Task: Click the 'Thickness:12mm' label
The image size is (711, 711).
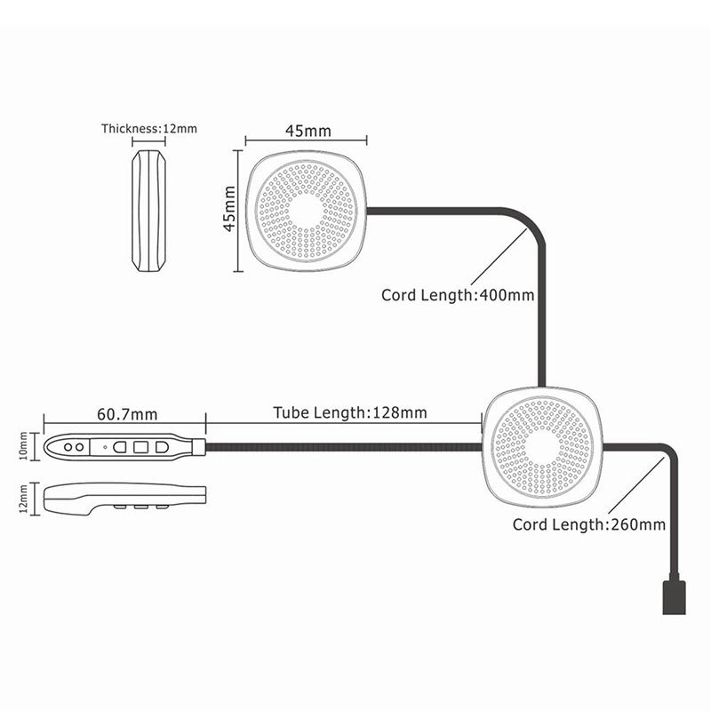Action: tap(149, 129)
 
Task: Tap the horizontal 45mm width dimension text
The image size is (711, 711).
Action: tap(308, 131)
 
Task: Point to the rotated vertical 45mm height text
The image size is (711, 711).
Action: tap(230, 209)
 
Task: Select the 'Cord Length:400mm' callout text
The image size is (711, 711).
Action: tap(458, 295)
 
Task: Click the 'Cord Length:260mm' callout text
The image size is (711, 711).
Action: tap(589, 524)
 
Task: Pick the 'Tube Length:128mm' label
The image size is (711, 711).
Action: tap(350, 412)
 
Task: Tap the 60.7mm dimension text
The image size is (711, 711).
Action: tap(127, 414)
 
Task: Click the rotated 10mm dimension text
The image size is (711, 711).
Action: tap(24, 447)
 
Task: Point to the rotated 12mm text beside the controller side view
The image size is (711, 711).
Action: tap(24, 499)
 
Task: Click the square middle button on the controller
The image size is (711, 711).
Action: tap(140, 447)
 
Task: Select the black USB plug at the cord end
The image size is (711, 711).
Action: tap(674, 597)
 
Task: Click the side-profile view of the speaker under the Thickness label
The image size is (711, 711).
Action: tap(148, 211)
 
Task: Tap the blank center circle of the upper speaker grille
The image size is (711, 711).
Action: tap(307, 212)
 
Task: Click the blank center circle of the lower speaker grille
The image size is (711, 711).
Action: tap(543, 447)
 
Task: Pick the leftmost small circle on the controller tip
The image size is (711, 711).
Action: tap(68, 447)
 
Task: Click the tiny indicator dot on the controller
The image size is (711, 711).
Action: tap(105, 447)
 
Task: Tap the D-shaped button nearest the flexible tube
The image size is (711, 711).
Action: tap(163, 447)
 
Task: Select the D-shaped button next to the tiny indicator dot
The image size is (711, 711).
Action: tap(120, 447)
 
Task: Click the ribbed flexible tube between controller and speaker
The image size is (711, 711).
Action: tap(344, 447)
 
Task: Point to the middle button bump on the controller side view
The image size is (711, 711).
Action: tap(140, 506)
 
